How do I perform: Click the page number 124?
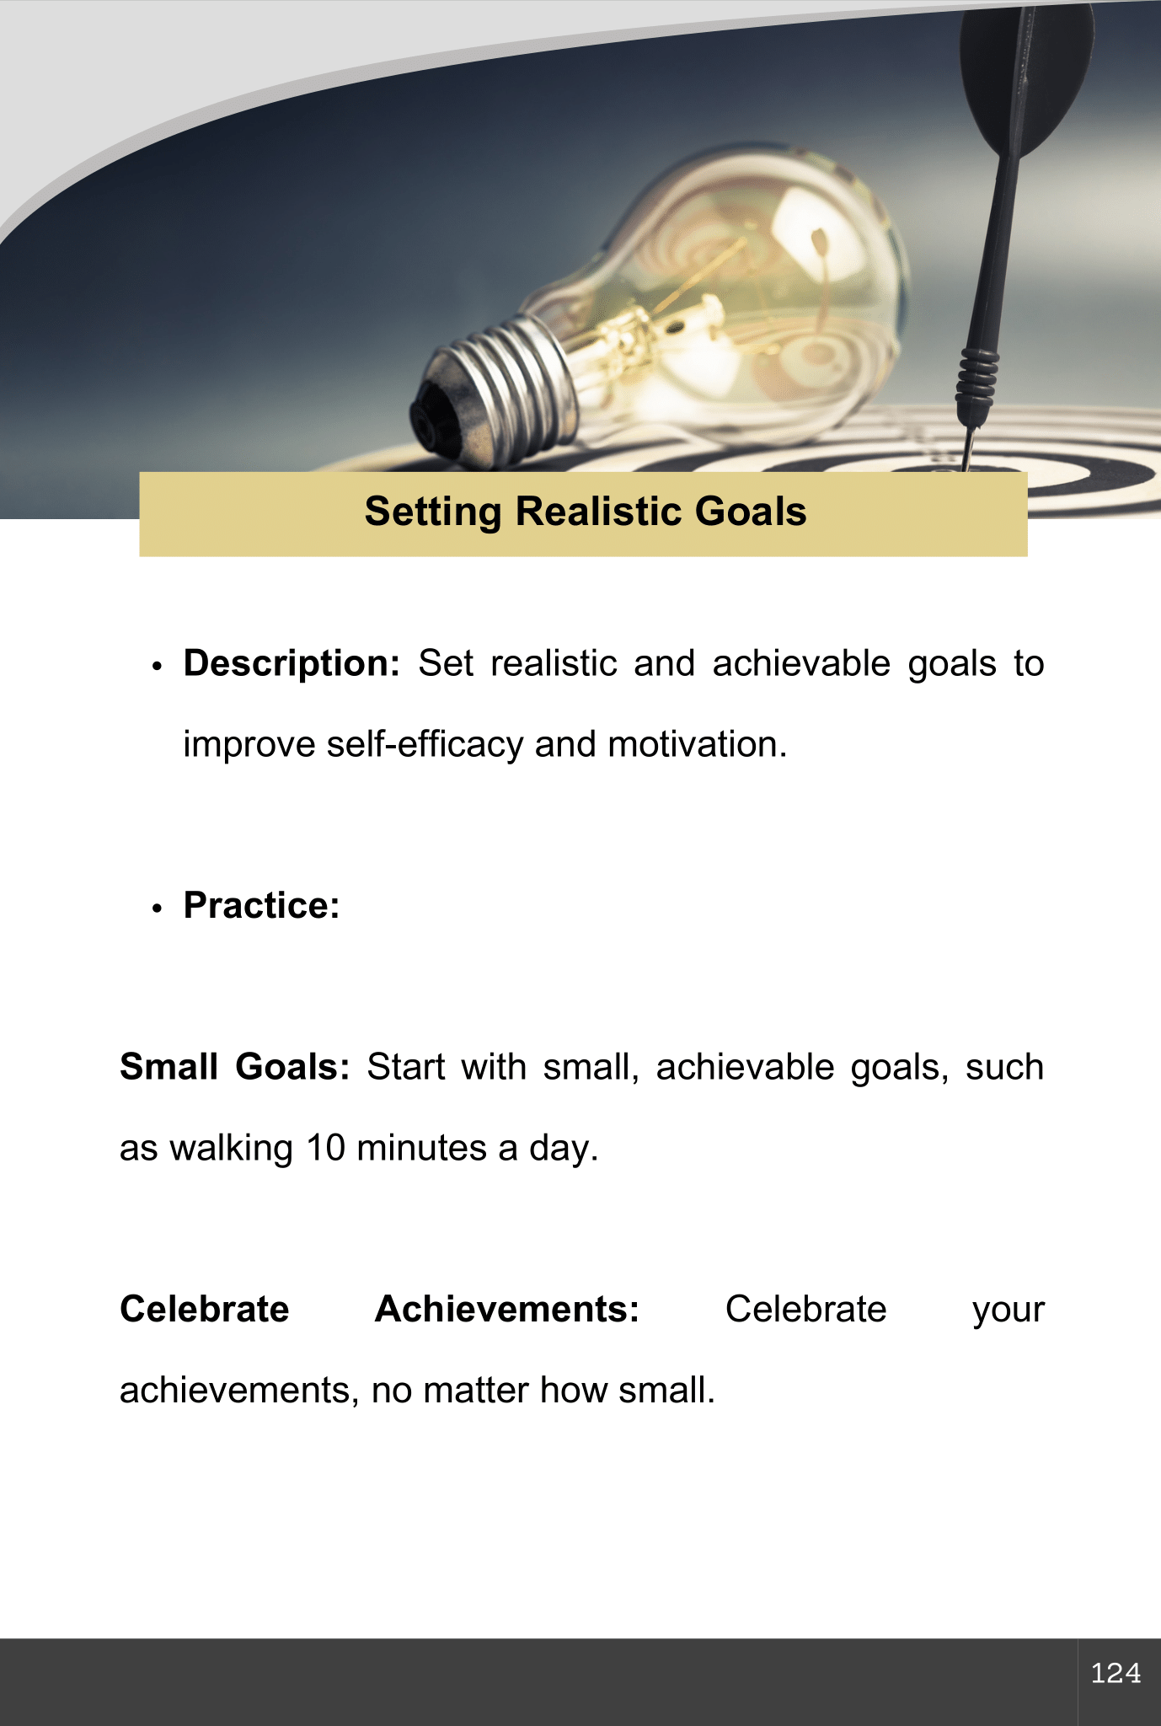[x=1116, y=1673]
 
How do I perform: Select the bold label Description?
[x=292, y=664]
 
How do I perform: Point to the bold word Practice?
[x=262, y=906]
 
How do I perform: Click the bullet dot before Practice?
[x=157, y=909]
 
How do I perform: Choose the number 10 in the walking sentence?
[x=325, y=1149]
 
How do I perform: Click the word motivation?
[x=698, y=745]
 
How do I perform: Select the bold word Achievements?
[x=507, y=1310]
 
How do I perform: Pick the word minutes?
[x=422, y=1149]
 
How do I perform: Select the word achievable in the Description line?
[x=801, y=664]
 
